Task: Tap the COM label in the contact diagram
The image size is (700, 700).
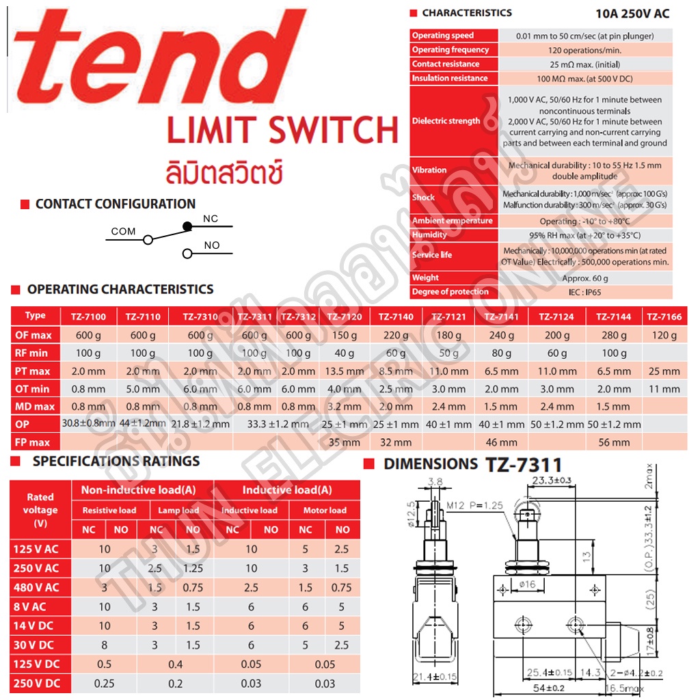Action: (x=123, y=231)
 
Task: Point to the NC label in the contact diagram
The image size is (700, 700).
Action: (x=211, y=219)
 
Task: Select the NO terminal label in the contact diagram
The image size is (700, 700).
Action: (x=212, y=245)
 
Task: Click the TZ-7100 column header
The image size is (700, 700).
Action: (x=88, y=317)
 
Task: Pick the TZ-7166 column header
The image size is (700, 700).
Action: (x=664, y=317)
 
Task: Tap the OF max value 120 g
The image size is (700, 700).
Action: (x=664, y=335)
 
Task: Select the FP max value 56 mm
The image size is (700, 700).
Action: (x=613, y=442)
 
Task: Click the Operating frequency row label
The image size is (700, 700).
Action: (x=450, y=50)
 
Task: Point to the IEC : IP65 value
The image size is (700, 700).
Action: (x=584, y=292)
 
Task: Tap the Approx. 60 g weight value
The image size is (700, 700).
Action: (x=584, y=278)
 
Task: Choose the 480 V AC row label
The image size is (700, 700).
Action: (x=36, y=587)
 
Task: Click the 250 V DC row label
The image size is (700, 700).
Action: (x=36, y=683)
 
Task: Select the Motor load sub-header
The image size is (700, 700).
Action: (x=325, y=510)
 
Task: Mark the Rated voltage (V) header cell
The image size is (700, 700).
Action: (x=40, y=510)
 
